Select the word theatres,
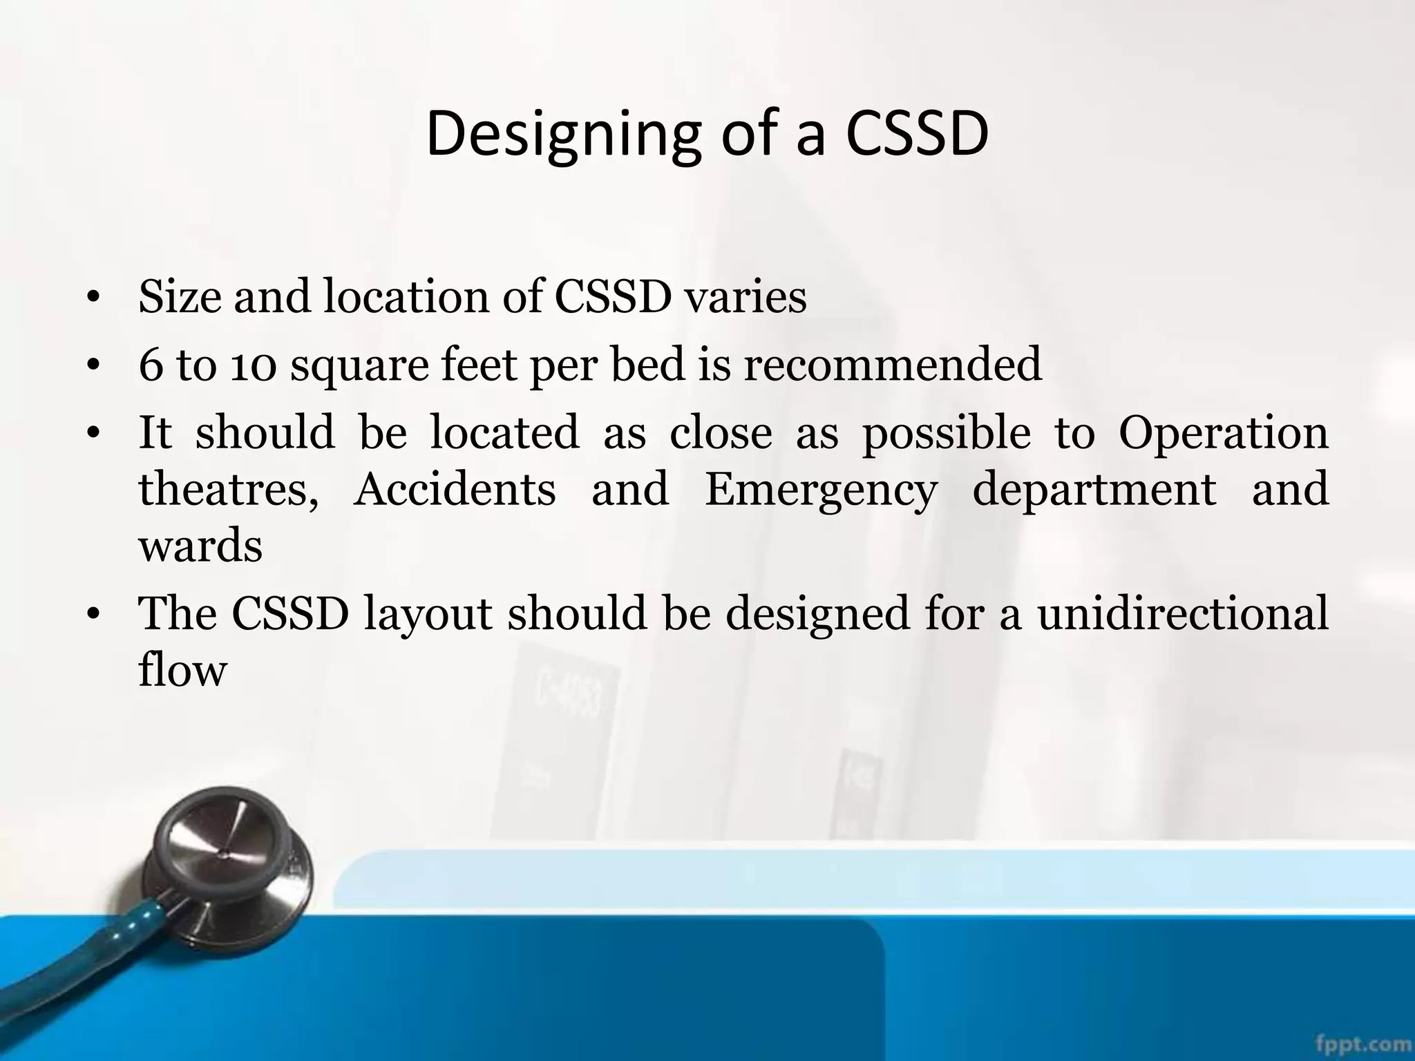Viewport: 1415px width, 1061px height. click(229, 489)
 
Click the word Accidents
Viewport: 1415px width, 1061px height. click(455, 489)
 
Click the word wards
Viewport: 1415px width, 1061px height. click(200, 546)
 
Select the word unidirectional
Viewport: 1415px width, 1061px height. click(1183, 613)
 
